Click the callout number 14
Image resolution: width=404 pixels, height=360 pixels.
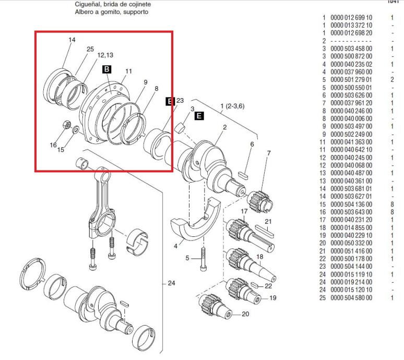tap(72, 40)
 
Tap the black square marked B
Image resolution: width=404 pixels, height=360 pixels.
tap(106, 69)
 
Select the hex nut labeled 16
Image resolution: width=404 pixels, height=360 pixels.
tap(66, 124)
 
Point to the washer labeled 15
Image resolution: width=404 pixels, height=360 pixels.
tap(76, 129)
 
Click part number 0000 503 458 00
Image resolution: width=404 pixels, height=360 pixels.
tap(351, 49)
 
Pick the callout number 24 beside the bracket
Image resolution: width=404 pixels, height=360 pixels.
tap(171, 283)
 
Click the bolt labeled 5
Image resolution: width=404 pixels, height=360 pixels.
tap(203, 259)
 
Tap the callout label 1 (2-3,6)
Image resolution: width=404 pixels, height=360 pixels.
tap(232, 106)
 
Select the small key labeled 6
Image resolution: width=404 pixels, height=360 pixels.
tap(243, 176)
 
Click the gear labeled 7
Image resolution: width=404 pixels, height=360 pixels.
tap(260, 200)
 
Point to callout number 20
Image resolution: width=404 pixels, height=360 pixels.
tap(245, 314)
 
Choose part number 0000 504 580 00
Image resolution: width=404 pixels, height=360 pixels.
tap(351, 298)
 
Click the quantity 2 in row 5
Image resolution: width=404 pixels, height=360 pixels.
tap(392, 80)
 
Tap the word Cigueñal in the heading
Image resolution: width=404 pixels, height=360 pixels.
tap(87, 4)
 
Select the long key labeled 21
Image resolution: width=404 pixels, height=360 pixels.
tap(265, 232)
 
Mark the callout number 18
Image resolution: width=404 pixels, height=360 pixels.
tap(260, 257)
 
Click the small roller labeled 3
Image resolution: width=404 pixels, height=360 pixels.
tap(180, 128)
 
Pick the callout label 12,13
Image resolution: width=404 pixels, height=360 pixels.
tap(105, 55)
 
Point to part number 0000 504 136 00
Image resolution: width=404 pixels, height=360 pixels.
tap(351, 205)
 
